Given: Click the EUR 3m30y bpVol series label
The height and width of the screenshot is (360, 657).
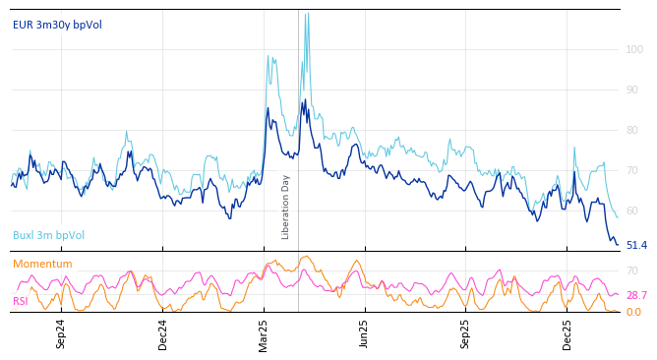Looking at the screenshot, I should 57,25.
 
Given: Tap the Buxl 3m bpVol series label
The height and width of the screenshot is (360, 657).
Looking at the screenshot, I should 48,235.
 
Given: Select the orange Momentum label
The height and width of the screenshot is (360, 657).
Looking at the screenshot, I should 42,264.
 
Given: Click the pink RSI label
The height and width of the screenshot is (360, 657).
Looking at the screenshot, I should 21,301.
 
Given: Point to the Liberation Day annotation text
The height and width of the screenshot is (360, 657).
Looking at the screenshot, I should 286,207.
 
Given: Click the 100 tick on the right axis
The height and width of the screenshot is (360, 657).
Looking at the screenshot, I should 634,49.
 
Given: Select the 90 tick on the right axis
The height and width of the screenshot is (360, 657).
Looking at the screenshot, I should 634,90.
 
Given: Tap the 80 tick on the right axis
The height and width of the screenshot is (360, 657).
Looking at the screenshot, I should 634,130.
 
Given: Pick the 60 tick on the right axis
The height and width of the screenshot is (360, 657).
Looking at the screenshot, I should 634,210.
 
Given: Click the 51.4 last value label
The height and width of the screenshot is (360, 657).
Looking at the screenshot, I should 636,245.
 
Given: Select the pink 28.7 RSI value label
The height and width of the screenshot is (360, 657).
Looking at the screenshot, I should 636,295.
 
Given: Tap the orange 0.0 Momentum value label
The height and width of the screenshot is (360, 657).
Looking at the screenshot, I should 633,312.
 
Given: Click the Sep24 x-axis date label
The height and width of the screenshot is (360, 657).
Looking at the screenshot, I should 61,333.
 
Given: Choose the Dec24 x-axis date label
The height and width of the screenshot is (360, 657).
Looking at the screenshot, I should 163,333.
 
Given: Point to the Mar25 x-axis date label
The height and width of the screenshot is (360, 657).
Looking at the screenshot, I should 264,333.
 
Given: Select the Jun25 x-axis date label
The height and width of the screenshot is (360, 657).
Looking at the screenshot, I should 365,333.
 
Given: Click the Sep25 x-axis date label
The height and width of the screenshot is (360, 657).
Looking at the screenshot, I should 466,333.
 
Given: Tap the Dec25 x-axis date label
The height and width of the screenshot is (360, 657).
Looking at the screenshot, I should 567,333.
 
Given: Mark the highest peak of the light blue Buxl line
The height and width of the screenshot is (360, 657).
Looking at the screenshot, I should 306,14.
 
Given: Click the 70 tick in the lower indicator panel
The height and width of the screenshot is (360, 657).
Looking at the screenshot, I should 633,270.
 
